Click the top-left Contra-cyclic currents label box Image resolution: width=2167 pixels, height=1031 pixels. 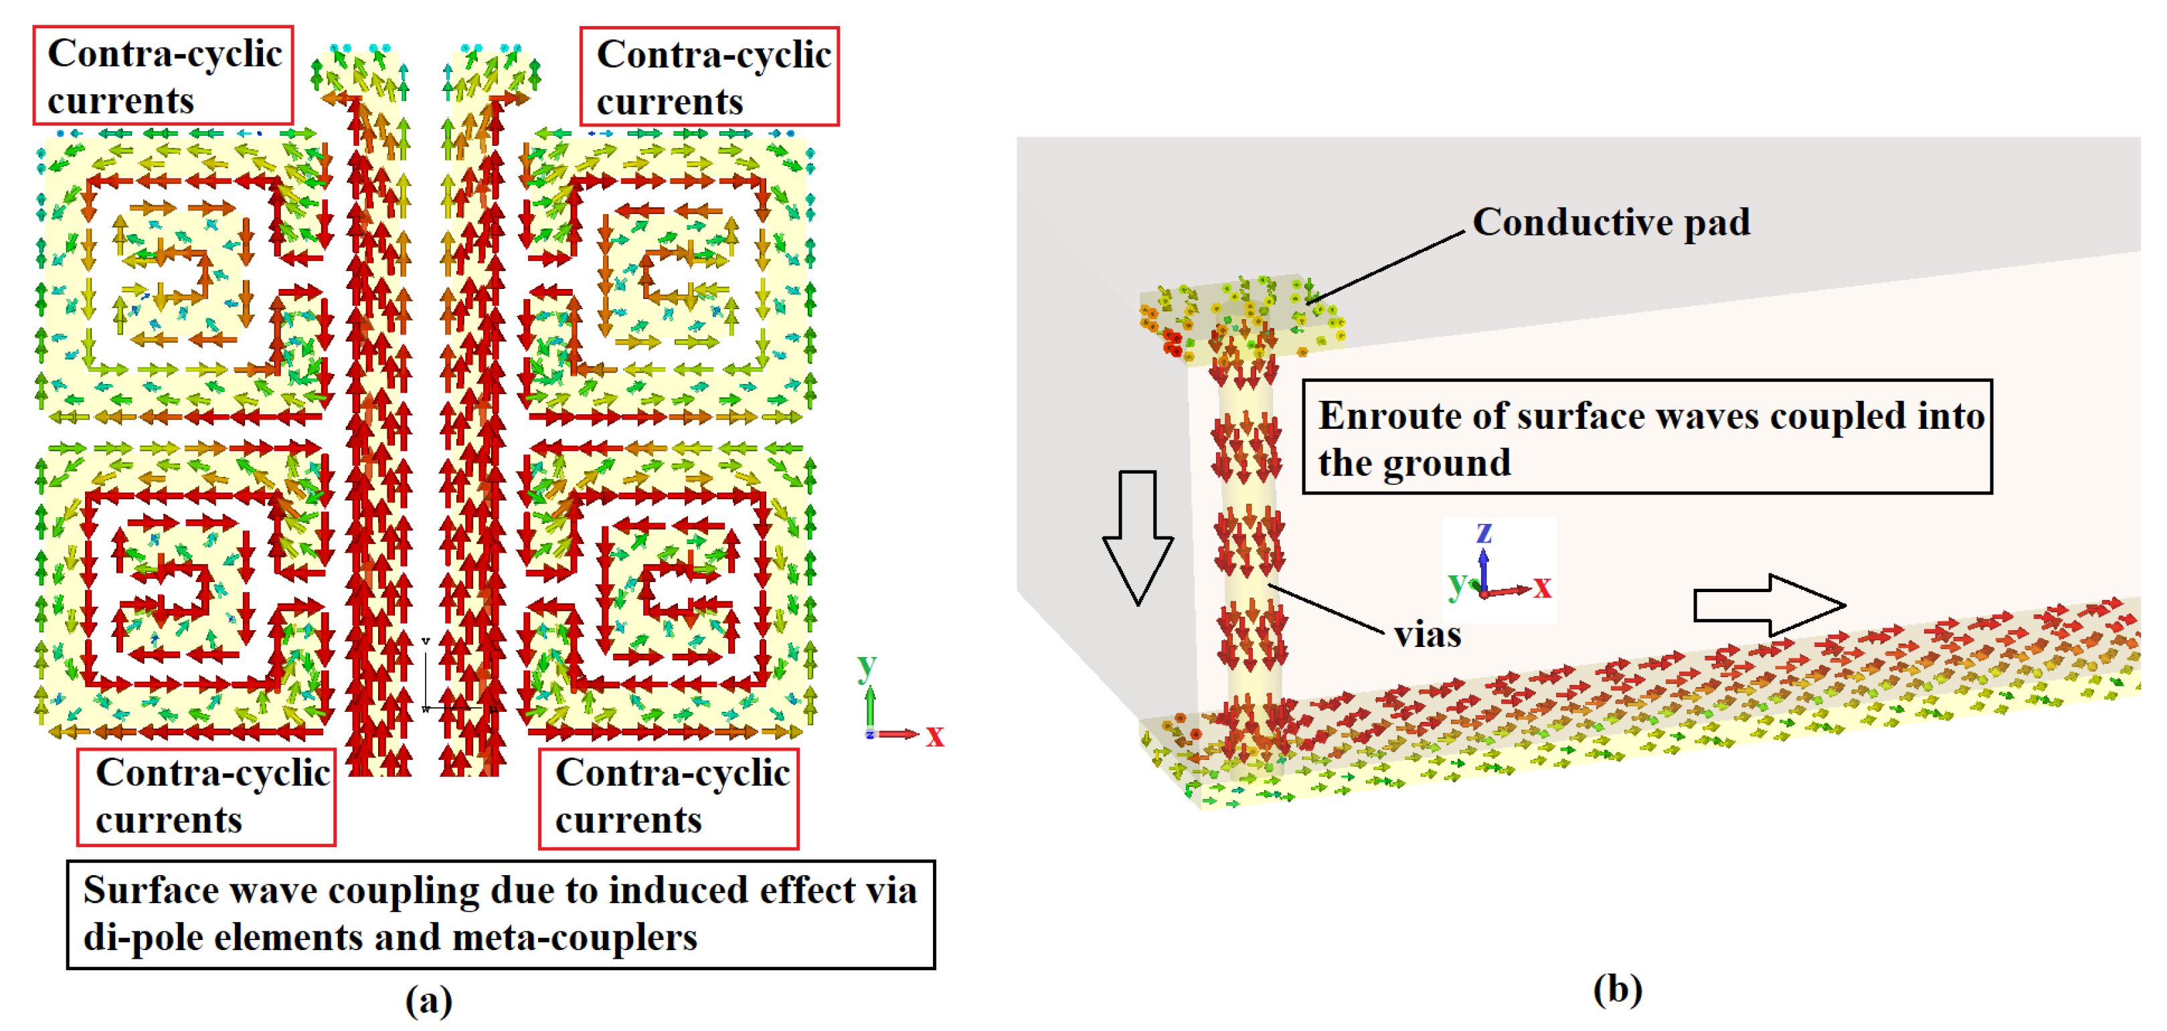pos(163,76)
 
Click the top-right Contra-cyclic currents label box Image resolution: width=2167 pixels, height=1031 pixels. pos(709,76)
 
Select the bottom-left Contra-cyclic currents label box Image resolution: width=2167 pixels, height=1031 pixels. pos(206,796)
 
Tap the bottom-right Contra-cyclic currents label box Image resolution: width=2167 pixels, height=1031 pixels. pos(668,798)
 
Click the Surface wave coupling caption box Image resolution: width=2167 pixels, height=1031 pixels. pos(501,913)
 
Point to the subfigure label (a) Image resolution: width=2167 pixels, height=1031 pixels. pos(429,1000)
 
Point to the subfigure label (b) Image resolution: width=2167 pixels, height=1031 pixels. pos(1617,989)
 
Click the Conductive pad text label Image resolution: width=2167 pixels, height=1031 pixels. pos(1610,223)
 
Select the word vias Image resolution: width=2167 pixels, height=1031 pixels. pos(1427,635)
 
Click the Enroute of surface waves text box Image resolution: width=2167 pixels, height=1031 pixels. pos(1646,438)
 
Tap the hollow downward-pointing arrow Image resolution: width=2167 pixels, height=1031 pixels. pos(1137,538)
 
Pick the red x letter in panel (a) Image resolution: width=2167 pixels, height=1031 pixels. pos(935,737)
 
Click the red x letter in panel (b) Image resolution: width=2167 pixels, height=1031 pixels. pos(1541,586)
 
